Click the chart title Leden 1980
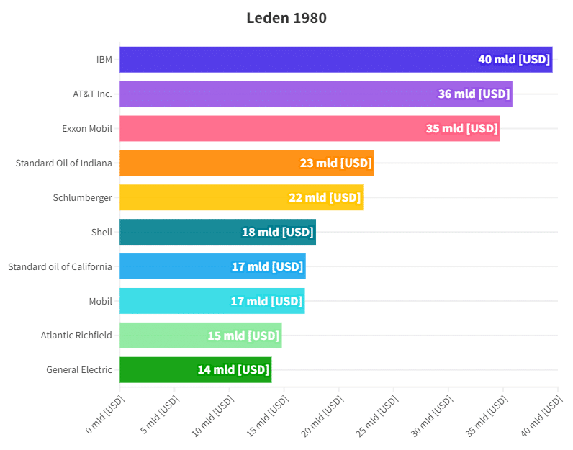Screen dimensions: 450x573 pos(286,18)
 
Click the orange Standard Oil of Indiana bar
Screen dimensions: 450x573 pos(209,163)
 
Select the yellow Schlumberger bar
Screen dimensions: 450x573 pos(202,197)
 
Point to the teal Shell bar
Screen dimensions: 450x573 pos(180,232)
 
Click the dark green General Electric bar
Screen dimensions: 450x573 pos(158,370)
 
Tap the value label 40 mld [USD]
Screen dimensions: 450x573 pos(514,59)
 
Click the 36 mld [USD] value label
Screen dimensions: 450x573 pos(474,94)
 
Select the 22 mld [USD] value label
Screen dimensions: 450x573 pos(325,197)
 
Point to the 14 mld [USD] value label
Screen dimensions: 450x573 pos(233,370)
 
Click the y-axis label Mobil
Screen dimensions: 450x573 pos(100,301)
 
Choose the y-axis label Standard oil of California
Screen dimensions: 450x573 pos(60,266)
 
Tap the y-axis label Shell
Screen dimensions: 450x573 pos(101,232)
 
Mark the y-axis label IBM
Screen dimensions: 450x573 pos(104,59)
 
